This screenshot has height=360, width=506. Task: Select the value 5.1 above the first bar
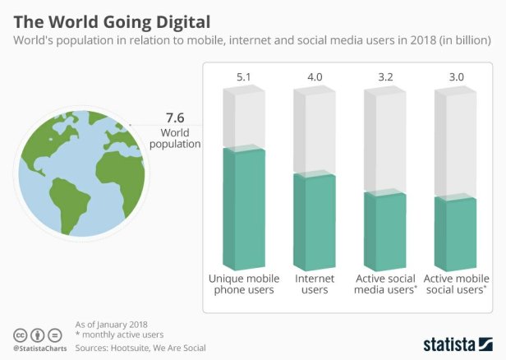244,76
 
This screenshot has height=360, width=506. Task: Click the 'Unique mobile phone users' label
244,284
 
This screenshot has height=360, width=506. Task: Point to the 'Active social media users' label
384,284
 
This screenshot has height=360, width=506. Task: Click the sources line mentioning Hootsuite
140,348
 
